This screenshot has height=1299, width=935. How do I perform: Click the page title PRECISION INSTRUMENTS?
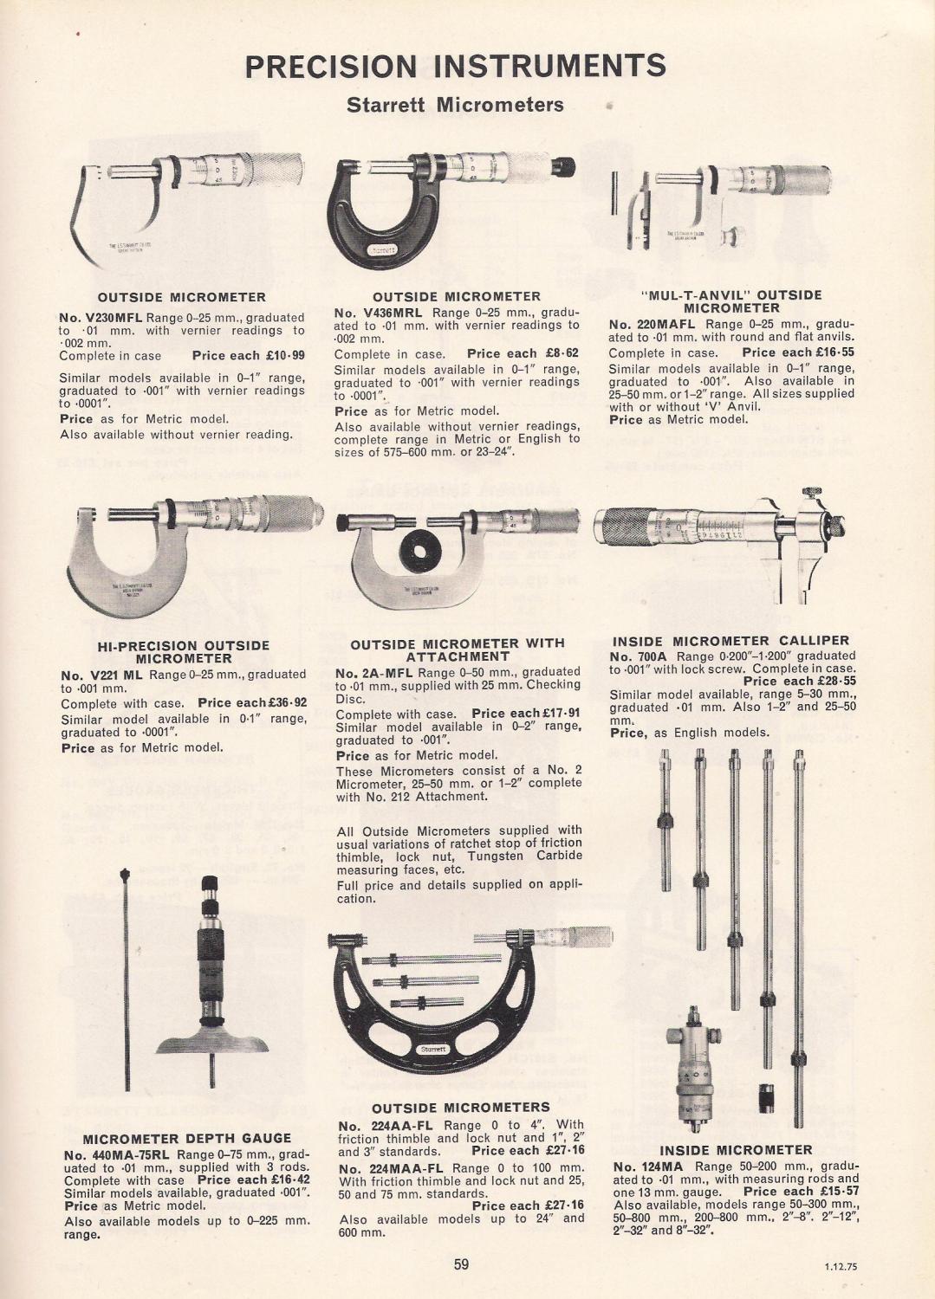point(456,66)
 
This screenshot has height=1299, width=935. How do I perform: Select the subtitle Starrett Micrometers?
point(455,106)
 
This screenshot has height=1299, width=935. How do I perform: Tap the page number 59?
point(461,1264)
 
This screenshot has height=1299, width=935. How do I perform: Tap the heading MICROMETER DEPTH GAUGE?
point(186,1138)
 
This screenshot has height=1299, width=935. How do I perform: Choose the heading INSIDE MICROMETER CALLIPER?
point(730,641)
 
